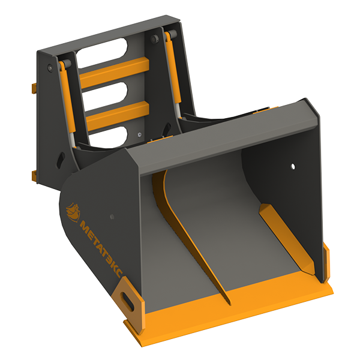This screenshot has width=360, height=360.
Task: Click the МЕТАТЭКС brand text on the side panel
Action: point(101,249)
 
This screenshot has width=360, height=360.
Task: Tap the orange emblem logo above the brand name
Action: point(73,212)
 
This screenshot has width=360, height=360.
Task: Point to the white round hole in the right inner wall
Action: point(293,166)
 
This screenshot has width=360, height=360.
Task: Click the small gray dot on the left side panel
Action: point(112,217)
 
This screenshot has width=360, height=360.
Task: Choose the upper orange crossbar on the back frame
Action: point(114,73)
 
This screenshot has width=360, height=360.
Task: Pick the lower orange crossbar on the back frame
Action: point(118,116)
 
